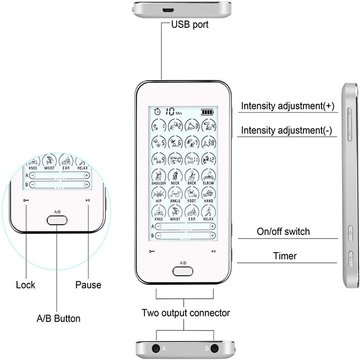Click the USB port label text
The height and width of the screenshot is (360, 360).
[190, 24]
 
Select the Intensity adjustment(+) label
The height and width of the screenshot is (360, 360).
[287, 106]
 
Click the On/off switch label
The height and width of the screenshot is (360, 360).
[283, 231]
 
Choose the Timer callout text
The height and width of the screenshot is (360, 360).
[284, 256]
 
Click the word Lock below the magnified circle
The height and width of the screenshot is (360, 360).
[26, 284]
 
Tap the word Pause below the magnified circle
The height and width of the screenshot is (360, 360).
[88, 284]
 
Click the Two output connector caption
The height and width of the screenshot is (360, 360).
[186, 312]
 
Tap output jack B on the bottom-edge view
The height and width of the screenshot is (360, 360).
[214, 348]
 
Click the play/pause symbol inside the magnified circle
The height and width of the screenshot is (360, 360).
[88, 200]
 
